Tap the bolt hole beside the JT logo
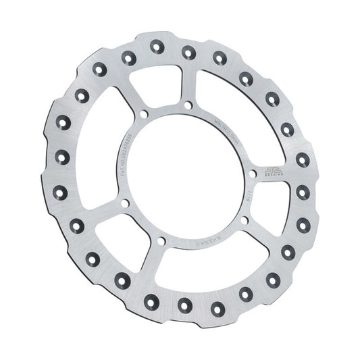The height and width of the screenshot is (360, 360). (x=251, y=175)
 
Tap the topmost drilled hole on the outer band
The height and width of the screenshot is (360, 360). (x=187, y=50)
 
